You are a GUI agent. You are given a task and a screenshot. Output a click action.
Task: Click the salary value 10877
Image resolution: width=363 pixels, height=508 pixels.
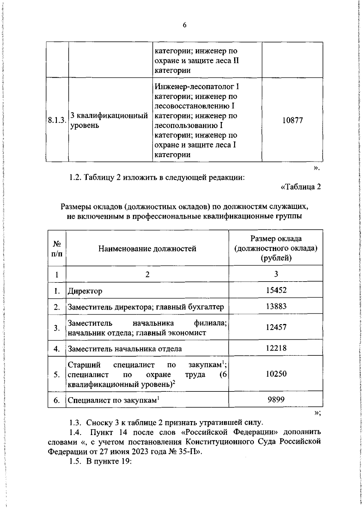[293, 120]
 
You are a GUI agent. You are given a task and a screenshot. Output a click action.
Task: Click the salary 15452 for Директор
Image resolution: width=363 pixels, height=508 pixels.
[276, 290]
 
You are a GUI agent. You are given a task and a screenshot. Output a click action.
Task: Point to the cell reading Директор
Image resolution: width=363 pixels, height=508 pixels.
[85, 291]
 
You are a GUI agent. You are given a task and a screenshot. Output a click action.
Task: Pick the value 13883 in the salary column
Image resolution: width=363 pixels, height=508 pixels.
[276, 306]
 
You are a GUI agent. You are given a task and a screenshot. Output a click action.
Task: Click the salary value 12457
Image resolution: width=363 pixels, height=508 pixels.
[276, 327]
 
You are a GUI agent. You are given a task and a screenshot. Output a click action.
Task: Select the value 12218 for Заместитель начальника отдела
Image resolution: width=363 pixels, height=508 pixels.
[276, 348]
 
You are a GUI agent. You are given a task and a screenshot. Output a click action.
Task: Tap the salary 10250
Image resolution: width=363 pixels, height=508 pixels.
[276, 374]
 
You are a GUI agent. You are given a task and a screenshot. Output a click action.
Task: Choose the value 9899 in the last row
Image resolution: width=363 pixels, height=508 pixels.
[276, 400]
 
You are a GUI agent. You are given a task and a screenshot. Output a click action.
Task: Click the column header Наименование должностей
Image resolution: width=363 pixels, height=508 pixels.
[147, 249]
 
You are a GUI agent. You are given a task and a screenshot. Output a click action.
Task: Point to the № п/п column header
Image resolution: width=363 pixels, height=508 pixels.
[57, 249]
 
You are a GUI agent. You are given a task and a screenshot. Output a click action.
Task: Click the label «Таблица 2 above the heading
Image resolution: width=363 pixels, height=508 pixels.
[301, 187]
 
